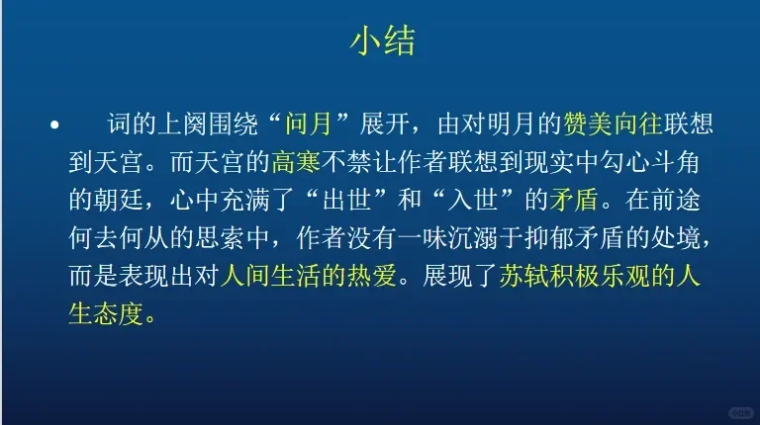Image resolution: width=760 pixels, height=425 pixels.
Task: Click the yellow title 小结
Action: pyautogui.click(x=382, y=42)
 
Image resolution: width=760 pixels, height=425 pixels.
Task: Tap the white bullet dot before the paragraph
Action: pyautogui.click(x=54, y=125)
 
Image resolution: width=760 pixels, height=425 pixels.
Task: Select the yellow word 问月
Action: pyautogui.click(x=309, y=124)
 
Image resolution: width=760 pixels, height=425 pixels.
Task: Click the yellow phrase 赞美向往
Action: pyautogui.click(x=613, y=124)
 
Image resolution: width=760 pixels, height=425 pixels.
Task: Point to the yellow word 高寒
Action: pyautogui.click(x=296, y=162)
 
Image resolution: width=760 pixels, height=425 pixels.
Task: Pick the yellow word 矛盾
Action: pyautogui.click(x=574, y=200)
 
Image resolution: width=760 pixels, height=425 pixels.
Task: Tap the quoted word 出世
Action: pyautogui.click(x=346, y=200)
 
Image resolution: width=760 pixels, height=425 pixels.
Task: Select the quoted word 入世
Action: pyautogui.click(x=473, y=200)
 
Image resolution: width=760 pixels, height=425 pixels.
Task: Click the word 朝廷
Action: pyautogui.click(x=119, y=200)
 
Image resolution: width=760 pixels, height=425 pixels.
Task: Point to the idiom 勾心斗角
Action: pyautogui.click(x=649, y=162)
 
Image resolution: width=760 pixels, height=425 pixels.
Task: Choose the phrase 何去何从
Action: pyautogui.click(x=119, y=237)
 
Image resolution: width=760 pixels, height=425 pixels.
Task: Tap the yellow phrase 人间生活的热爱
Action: pyautogui.click(x=309, y=276)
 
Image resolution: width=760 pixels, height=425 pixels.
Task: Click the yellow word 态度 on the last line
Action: pyautogui.click(x=119, y=314)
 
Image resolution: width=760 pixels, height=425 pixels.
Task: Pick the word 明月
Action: pyautogui.click(x=512, y=124)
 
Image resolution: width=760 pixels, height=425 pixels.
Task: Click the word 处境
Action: pyautogui.click(x=675, y=237)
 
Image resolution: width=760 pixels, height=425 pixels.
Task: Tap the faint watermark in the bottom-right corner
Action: pyautogui.click(x=741, y=413)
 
